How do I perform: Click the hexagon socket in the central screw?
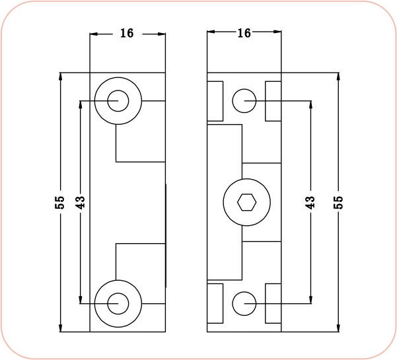click(245, 201)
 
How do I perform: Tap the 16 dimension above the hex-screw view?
click(244, 33)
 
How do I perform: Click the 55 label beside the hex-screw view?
click(339, 202)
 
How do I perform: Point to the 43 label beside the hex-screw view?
click(310, 202)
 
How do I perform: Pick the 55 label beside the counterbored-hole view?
click(59, 202)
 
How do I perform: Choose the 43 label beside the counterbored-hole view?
click(81, 202)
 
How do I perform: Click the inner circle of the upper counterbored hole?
click(118, 101)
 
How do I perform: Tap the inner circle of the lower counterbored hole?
click(118, 303)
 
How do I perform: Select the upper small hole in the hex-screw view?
click(244, 101)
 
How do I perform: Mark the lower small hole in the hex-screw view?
click(244, 303)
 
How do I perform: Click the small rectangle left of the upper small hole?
click(215, 101)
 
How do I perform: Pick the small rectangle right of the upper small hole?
click(273, 101)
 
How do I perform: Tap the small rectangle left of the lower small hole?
click(215, 303)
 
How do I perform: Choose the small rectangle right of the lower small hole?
click(273, 303)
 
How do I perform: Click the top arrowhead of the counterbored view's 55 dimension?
click(61, 76)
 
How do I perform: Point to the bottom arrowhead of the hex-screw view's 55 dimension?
click(338, 327)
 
